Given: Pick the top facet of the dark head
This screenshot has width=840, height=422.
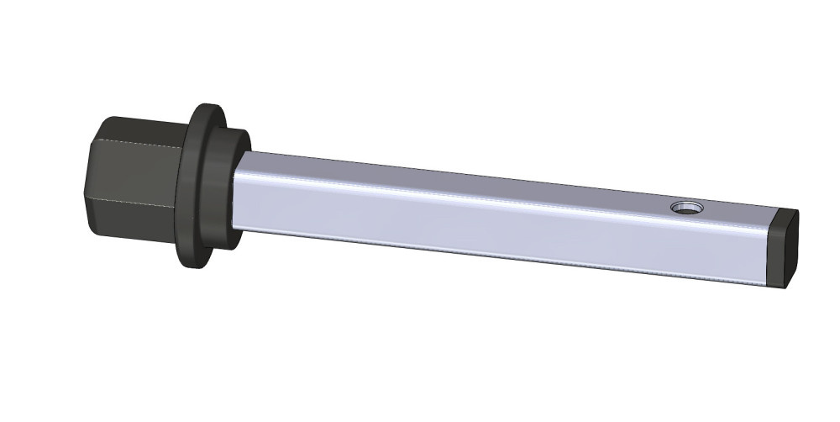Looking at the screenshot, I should tap(139, 129).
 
